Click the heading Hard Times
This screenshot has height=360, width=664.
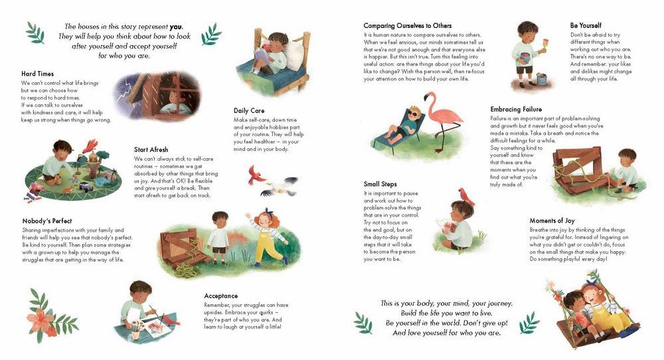[37, 74]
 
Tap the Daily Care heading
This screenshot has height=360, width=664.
[249, 110]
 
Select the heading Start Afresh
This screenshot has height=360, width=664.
[151, 149]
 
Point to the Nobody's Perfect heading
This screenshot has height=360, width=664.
[47, 221]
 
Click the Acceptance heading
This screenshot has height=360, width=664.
[220, 296]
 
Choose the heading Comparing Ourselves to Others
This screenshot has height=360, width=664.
[408, 26]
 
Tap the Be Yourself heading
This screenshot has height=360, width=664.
[586, 25]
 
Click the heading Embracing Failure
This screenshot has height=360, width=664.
[516, 110]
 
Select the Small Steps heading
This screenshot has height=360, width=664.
[380, 184]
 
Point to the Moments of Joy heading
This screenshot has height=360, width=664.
[552, 221]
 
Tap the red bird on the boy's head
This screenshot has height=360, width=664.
[466, 197]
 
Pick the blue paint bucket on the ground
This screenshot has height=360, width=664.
[541, 79]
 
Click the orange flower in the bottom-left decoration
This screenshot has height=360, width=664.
[41, 319]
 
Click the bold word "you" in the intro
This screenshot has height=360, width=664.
[176, 27]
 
